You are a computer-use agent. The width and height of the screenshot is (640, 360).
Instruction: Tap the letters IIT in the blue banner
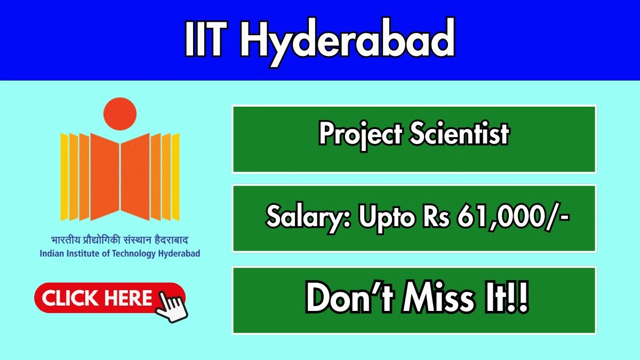[210, 41]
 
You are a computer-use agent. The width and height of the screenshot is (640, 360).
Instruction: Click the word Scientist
[459, 134]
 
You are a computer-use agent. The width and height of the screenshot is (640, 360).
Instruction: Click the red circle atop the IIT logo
[119, 114]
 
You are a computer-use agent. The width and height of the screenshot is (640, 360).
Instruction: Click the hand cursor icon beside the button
[172, 305]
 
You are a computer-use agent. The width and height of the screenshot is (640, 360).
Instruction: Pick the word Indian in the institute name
[52, 253]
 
